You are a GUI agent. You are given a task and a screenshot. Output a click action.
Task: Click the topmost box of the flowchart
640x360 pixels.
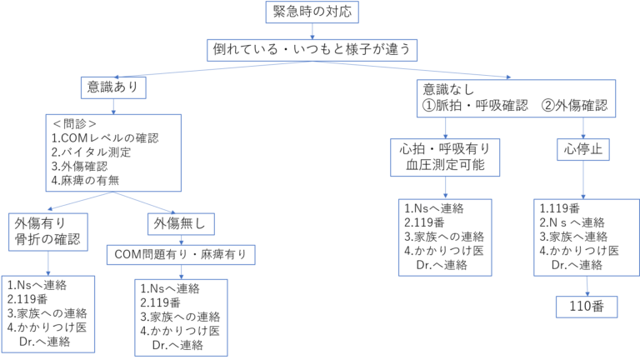click(312, 12)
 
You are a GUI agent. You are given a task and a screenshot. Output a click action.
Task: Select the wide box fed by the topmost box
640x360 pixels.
click(312, 50)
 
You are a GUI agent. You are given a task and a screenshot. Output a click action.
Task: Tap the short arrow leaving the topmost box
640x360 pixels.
click(312, 32)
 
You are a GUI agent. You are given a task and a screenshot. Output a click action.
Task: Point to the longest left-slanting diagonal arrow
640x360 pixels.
click(212, 69)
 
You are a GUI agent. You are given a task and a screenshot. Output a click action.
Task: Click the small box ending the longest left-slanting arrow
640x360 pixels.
click(113, 87)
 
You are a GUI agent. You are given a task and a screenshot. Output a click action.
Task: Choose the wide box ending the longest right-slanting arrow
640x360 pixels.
click(516, 98)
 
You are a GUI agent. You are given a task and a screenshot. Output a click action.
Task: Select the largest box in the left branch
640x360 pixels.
click(113, 152)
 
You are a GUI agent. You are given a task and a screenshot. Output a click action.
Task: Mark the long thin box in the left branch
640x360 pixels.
click(181, 255)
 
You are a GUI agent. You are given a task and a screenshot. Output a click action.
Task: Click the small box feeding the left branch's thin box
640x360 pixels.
click(181, 224)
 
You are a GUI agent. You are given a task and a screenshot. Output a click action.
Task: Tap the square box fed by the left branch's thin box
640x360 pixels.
click(181, 317)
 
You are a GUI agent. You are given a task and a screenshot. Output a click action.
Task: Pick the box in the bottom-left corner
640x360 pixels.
click(48, 314)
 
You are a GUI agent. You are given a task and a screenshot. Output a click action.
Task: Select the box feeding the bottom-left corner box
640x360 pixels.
click(47, 232)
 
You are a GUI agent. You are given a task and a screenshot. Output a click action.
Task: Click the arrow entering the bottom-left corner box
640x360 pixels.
click(47, 263)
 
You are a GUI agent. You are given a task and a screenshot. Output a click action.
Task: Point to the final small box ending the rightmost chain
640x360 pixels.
click(587, 307)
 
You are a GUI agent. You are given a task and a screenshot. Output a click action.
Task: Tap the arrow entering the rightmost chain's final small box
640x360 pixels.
click(587, 286)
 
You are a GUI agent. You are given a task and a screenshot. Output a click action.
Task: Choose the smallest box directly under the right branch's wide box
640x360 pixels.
click(582, 149)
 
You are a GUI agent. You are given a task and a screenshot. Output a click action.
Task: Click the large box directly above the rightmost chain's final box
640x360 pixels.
click(587, 237)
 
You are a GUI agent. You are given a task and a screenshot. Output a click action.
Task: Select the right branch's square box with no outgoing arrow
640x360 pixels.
click(445, 237)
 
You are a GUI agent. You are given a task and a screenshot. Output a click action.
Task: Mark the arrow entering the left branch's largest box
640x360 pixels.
click(113, 107)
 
